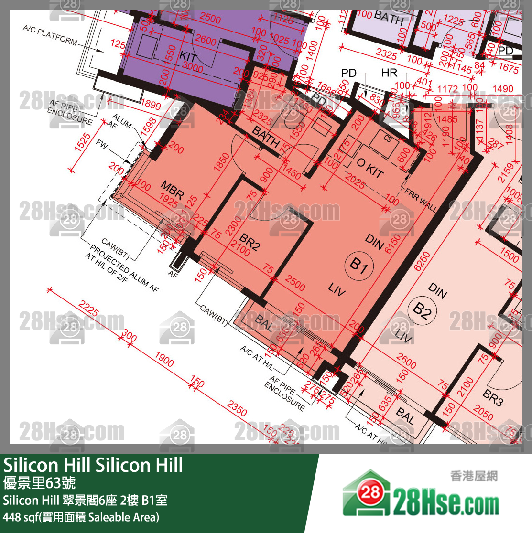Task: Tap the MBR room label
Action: tap(172, 190)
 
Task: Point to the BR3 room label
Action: tap(492, 398)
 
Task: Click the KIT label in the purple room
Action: tap(188, 57)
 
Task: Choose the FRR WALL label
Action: tap(421, 200)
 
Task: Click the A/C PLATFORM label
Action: tap(50, 35)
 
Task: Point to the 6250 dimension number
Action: tap(423, 261)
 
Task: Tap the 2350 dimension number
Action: tap(237, 409)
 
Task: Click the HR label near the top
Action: tap(390, 73)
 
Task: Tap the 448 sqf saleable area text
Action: tap(81, 517)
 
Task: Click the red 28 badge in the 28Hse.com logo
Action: tap(370, 493)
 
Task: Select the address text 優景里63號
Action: tap(39, 483)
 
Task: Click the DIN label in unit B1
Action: tap(374, 242)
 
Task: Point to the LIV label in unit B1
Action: tap(337, 288)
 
